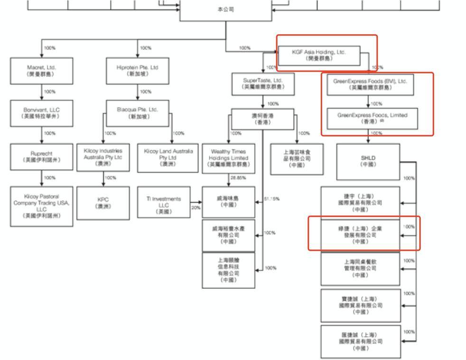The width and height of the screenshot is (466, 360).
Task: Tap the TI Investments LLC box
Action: pyautogui.click(x=162, y=203)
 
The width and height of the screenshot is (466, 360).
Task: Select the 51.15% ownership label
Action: pyautogui.click(x=270, y=199)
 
